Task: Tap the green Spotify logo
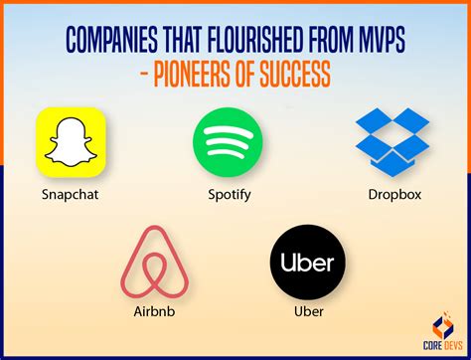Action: click(228, 142)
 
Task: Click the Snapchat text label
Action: click(71, 195)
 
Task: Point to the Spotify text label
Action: click(229, 194)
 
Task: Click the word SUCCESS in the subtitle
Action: click(316, 77)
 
